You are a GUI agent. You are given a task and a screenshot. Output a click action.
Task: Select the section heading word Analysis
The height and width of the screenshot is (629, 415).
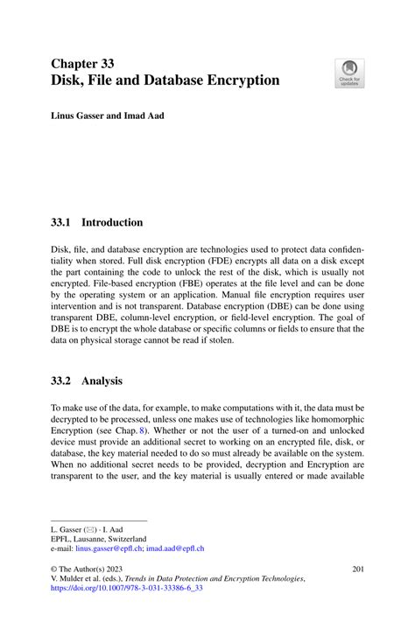coord(105,381)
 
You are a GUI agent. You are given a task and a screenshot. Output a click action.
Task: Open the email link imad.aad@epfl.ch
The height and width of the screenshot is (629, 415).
coord(173,549)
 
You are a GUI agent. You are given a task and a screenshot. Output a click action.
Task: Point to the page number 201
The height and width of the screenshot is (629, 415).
coord(357,569)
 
